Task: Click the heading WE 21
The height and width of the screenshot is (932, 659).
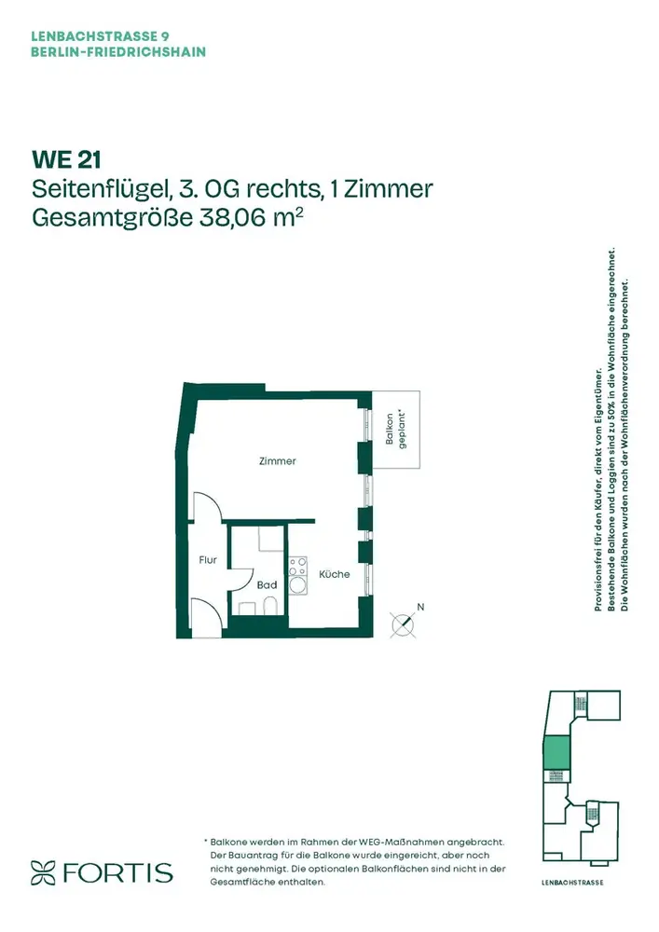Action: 66,159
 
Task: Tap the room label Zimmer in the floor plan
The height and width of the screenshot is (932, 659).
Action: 278,460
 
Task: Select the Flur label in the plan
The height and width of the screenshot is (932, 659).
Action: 208,559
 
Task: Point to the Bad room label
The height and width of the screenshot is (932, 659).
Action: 267,585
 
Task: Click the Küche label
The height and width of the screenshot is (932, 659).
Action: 335,574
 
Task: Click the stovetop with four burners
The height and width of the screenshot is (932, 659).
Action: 297,566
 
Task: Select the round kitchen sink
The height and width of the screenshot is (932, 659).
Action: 297,585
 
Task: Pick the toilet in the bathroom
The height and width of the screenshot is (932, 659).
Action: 269,605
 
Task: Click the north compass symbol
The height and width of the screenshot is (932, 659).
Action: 405,624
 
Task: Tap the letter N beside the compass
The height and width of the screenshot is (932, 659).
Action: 420,607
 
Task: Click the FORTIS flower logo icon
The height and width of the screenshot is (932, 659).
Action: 43,872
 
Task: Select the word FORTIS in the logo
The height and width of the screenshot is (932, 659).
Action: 117,872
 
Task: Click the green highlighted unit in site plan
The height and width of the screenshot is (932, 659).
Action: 556,752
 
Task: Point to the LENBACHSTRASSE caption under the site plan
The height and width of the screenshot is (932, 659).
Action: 572,883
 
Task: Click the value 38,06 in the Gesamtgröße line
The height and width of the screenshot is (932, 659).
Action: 234,217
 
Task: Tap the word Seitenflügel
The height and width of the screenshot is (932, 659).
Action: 98,189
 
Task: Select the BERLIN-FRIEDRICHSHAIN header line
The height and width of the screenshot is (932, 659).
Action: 118,51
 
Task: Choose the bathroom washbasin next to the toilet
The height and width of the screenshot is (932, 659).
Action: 247,608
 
